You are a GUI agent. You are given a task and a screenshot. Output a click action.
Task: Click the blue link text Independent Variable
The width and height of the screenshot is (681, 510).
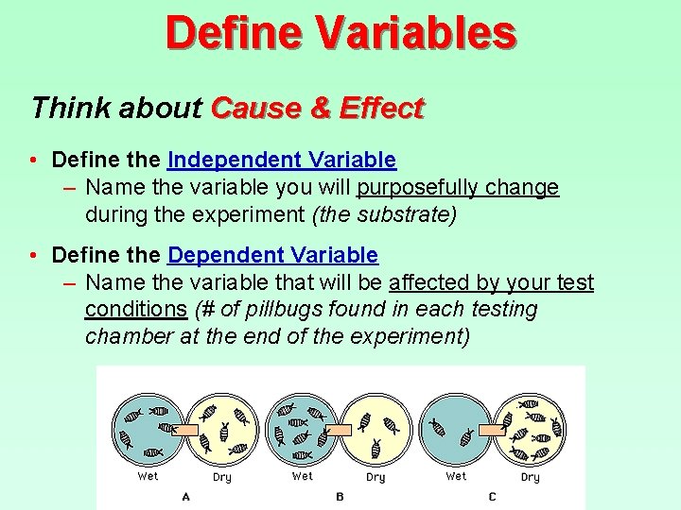tap(282, 161)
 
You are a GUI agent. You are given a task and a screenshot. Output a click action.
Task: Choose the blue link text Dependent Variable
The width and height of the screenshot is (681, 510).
tap(272, 255)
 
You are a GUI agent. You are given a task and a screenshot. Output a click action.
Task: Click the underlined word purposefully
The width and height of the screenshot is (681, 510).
tap(417, 187)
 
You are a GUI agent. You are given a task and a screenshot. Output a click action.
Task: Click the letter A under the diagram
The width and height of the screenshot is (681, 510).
tap(185, 497)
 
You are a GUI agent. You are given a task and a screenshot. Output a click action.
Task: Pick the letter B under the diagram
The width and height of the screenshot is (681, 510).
tap(339, 497)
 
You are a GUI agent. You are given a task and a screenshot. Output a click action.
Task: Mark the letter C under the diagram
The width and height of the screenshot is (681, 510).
tap(492, 497)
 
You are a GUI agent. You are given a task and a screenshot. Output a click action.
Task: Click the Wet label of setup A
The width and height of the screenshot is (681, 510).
tap(148, 476)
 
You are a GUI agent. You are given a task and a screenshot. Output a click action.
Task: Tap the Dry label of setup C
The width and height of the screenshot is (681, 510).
tap(530, 477)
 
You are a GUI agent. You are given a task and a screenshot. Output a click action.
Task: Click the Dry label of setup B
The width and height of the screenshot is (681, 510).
tap(375, 477)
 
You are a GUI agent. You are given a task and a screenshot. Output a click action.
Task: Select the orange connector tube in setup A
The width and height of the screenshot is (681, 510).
tap(184, 430)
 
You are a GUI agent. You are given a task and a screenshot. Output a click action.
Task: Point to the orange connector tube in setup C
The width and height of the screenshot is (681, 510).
tap(493, 430)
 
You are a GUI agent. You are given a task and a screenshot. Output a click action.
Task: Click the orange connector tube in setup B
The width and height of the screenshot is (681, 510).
tap(339, 430)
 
